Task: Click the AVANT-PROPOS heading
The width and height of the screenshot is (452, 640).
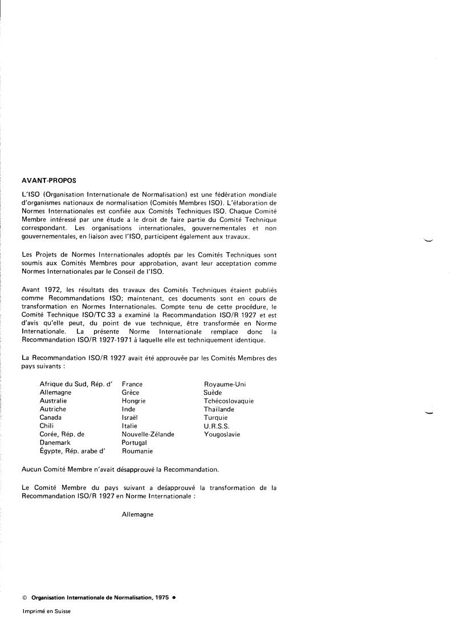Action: click(x=48, y=180)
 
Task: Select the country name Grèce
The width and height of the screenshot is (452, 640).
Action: click(x=130, y=392)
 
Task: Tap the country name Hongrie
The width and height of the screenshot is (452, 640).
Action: click(x=133, y=401)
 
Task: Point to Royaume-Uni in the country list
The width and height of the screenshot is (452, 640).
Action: click(x=225, y=384)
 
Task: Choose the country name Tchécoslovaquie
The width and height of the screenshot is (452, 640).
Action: click(x=229, y=401)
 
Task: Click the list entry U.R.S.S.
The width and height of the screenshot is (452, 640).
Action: click(x=217, y=426)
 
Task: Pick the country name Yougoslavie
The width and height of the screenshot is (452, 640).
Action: click(x=222, y=434)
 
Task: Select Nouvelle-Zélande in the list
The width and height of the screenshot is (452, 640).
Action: click(x=148, y=434)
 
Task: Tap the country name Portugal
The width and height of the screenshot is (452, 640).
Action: click(x=134, y=443)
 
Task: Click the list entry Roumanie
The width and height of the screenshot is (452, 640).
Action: click(x=137, y=451)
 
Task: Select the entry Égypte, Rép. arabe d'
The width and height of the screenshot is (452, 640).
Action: click(x=72, y=451)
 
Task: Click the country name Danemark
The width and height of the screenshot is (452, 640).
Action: click(x=55, y=443)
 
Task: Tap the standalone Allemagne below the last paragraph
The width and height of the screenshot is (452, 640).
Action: click(x=137, y=514)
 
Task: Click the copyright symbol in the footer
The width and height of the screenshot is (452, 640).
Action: click(x=25, y=598)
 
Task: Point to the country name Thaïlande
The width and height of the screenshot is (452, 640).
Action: click(x=219, y=410)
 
